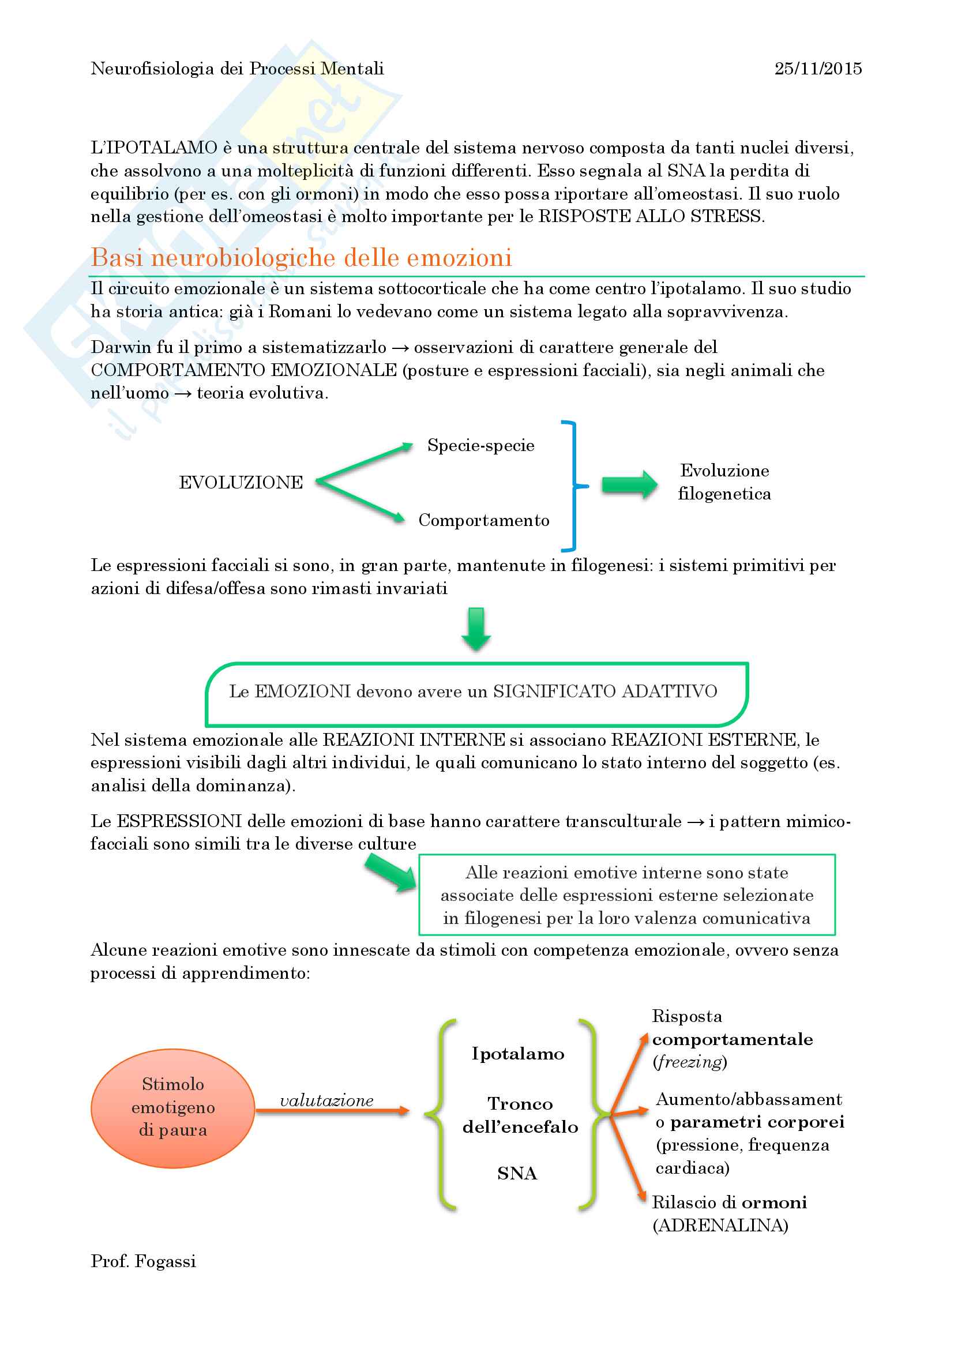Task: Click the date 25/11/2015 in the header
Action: [x=818, y=69]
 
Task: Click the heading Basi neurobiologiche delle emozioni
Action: [x=301, y=257]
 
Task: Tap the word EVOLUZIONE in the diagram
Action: [x=241, y=482]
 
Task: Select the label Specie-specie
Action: [x=480, y=445]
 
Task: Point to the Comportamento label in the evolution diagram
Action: [x=483, y=520]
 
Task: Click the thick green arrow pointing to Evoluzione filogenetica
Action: [x=629, y=484]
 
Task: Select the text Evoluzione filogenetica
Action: [x=724, y=482]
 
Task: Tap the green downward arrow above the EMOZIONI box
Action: [x=476, y=629]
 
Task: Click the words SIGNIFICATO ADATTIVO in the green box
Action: [x=605, y=691]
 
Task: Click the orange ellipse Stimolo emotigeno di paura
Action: [x=172, y=1107]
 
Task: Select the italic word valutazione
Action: [x=326, y=1100]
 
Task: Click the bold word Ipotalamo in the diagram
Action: [x=517, y=1054]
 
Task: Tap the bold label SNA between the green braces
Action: [x=517, y=1173]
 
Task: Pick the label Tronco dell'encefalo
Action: [x=520, y=1115]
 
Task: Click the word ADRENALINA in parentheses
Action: [x=720, y=1226]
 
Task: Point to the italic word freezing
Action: [x=690, y=1062]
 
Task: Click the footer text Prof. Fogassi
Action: [x=144, y=1261]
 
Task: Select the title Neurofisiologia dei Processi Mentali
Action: [x=237, y=69]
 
